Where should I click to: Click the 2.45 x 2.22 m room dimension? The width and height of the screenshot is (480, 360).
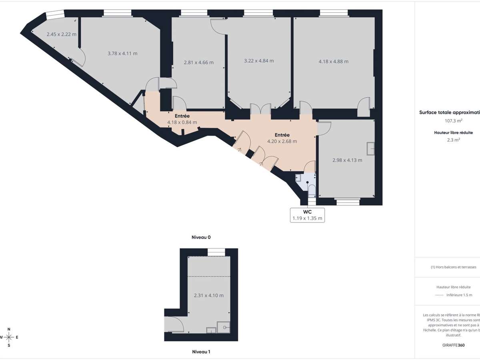tap(61, 34)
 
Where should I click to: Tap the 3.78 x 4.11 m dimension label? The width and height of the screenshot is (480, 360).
tap(122, 53)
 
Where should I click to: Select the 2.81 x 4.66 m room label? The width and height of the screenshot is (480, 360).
tap(198, 62)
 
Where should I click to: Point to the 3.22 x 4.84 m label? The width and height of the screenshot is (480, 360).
tap(259, 61)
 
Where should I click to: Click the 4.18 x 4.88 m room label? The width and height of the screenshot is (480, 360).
tap(333, 61)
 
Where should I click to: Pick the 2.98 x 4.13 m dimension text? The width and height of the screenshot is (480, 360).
tap(347, 160)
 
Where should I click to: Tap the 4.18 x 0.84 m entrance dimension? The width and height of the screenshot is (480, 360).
tap(182, 122)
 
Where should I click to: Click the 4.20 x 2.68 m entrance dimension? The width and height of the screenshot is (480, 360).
tap(282, 141)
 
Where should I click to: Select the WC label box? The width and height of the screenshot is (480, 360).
tap(307, 215)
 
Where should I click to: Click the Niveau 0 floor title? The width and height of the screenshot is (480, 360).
tap(201, 237)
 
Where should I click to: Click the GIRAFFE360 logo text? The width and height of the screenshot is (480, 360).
tap(454, 344)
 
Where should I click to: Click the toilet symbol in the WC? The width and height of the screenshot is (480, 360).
tap(312, 191)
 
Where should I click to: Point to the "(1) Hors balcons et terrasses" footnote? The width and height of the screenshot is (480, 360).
tap(453, 267)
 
